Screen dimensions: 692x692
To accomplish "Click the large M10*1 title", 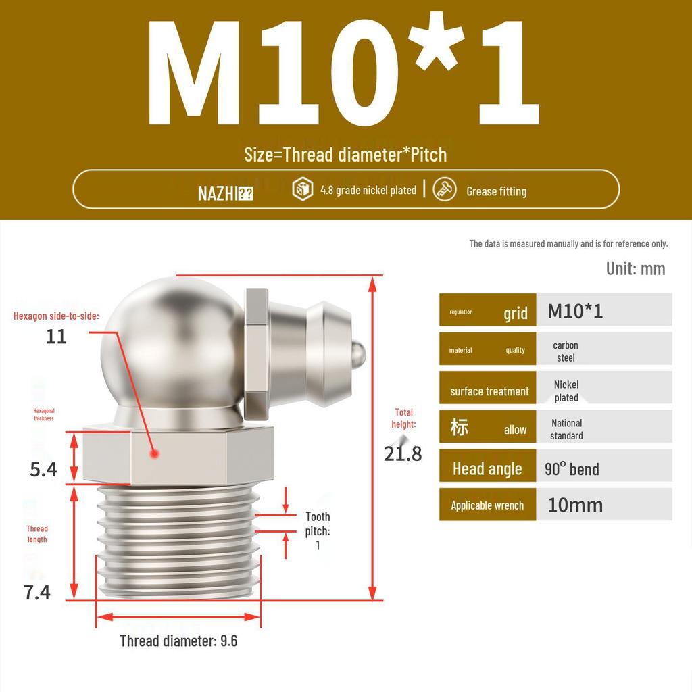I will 345,74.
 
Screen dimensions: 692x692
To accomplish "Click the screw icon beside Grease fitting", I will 444,190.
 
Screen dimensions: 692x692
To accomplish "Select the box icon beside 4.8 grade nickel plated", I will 302,190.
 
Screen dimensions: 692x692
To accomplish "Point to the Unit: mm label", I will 635,268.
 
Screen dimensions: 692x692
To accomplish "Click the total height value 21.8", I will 403,453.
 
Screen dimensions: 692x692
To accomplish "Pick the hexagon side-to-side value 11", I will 56,336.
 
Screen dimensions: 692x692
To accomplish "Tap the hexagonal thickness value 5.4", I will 43,469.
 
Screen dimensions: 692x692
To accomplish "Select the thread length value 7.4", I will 37,592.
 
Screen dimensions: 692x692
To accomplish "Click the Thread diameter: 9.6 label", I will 178,641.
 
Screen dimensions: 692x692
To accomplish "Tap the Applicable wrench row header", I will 488,505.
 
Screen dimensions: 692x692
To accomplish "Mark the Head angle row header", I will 488,468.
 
